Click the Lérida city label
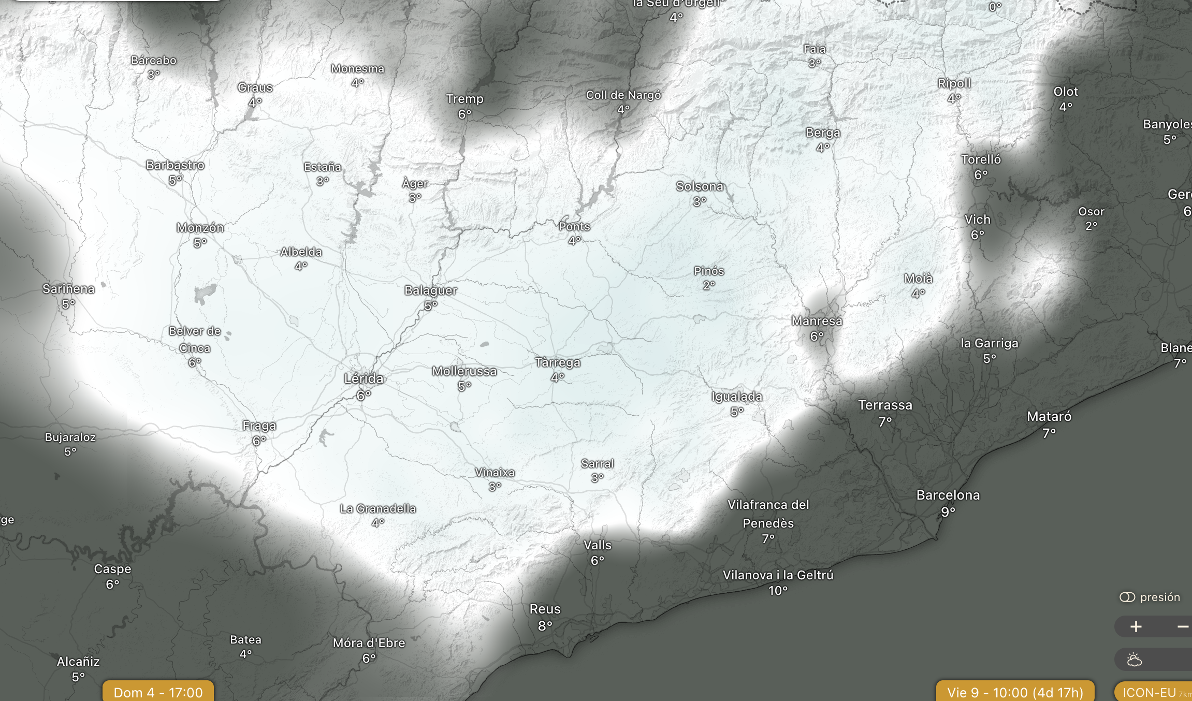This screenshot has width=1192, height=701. (x=364, y=379)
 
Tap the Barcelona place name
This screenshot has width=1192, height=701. (x=948, y=495)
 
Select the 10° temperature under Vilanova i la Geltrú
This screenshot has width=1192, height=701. (x=778, y=591)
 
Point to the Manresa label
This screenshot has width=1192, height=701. (x=817, y=321)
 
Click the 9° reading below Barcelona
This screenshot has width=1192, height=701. (x=948, y=512)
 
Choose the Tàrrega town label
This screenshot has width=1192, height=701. (x=557, y=362)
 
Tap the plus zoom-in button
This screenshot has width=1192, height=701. (x=1136, y=627)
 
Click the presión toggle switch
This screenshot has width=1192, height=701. (x=1127, y=597)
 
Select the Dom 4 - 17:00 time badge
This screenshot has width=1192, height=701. (x=158, y=692)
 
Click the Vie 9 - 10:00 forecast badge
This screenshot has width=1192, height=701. (x=1015, y=692)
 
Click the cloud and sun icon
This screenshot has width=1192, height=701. (x=1134, y=660)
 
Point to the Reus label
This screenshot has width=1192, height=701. (x=545, y=609)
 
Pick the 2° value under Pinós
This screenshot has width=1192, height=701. (x=709, y=285)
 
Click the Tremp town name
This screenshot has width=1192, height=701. (x=464, y=99)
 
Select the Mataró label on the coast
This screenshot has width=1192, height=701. (x=1049, y=417)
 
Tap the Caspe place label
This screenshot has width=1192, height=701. (x=112, y=569)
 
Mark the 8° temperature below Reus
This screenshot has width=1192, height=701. (x=545, y=626)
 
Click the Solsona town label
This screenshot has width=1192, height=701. (x=699, y=186)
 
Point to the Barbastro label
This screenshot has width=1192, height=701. (x=175, y=165)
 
